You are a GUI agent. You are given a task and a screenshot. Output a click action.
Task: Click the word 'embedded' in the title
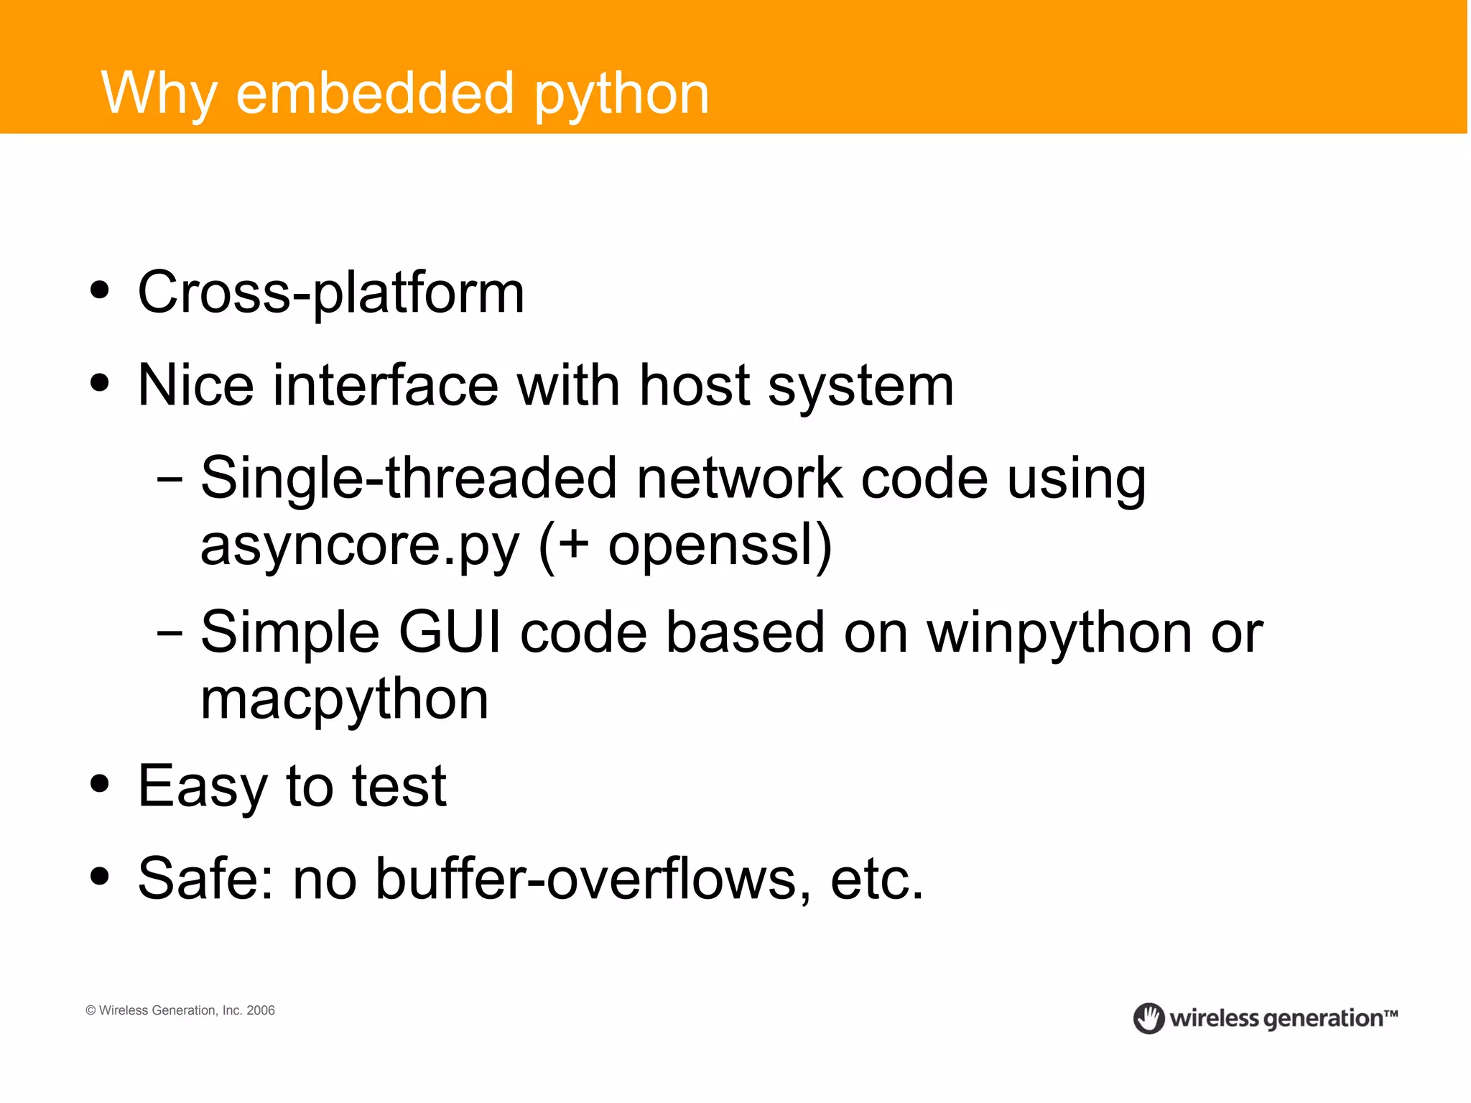(374, 93)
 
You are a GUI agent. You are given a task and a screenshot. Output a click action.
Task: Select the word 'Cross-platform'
(331, 292)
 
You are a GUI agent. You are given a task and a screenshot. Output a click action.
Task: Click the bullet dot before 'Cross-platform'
(101, 290)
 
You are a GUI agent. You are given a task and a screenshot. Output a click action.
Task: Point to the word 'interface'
(386, 386)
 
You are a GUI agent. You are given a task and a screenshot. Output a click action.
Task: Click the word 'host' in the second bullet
(695, 386)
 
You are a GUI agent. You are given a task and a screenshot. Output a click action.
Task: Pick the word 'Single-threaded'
(409, 478)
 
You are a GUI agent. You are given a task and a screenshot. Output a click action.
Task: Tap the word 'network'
(739, 478)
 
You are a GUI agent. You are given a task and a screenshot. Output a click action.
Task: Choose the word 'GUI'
(450, 632)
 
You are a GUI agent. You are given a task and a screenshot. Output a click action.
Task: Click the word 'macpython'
(345, 700)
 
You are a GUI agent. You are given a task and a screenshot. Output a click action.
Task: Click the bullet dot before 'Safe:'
(101, 877)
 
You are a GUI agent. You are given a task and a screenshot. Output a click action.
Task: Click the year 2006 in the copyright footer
(261, 1010)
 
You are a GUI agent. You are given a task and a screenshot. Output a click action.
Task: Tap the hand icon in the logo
(1149, 1018)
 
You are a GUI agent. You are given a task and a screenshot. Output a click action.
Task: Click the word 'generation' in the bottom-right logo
(1322, 1019)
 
